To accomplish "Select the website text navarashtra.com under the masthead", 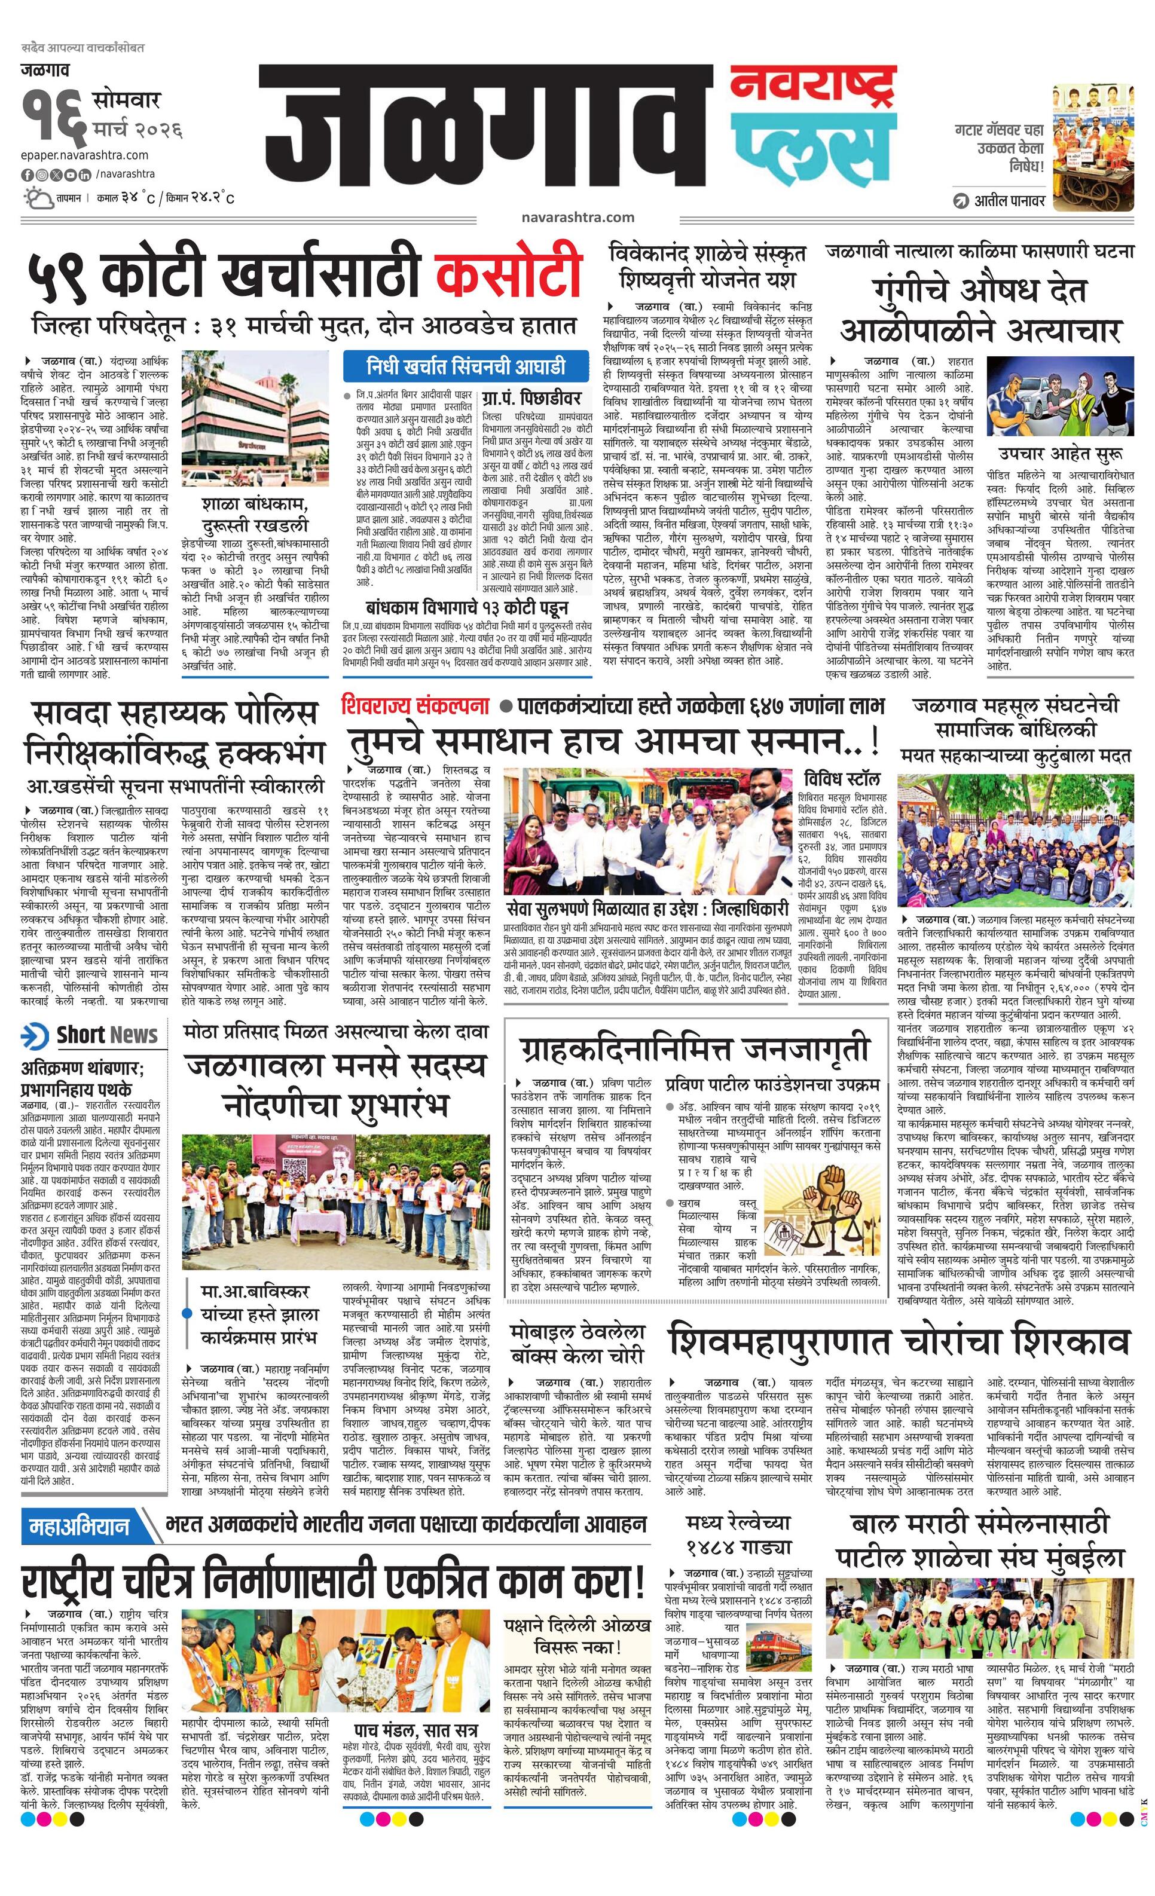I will (x=577, y=217).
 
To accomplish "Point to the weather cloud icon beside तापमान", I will (x=35, y=198).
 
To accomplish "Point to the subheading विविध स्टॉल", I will (x=841, y=779).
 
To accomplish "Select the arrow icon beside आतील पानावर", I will (x=960, y=201).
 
